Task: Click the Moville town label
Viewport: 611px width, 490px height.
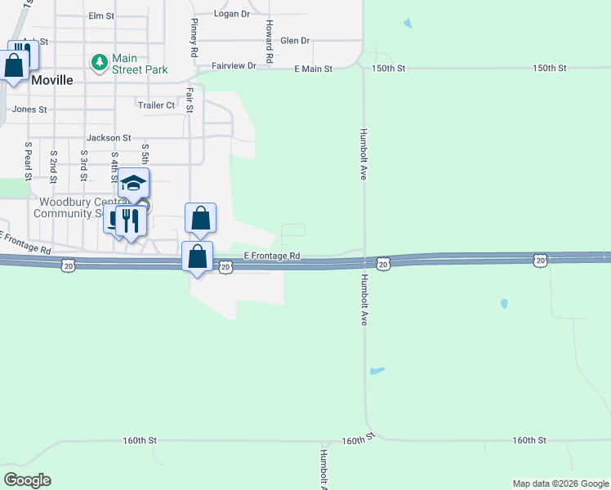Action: coord(52,80)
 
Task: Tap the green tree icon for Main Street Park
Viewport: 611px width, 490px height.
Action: coord(99,62)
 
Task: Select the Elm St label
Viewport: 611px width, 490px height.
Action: coord(101,16)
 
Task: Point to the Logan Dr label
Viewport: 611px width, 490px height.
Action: coord(230,14)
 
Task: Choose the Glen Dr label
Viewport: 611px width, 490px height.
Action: coord(295,40)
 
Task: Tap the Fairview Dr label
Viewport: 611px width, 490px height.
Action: coord(234,65)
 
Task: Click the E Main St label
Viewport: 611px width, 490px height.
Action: coord(313,69)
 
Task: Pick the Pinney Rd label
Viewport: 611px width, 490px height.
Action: coord(194,37)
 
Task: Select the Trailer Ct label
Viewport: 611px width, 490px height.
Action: coord(156,105)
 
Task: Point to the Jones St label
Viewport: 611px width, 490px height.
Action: coord(29,109)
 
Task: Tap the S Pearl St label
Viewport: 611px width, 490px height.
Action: coord(28,161)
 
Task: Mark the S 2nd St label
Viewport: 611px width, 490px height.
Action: coord(53,164)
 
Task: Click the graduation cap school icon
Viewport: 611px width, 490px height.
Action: coord(133,183)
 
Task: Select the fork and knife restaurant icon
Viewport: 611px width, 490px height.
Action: coord(129,220)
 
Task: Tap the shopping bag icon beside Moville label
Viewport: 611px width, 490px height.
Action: coord(15,65)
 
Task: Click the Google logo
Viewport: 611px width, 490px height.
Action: coord(27,480)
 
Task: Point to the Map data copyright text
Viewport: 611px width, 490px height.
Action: coord(560,483)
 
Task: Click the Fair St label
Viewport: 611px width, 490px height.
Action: coord(189,100)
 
